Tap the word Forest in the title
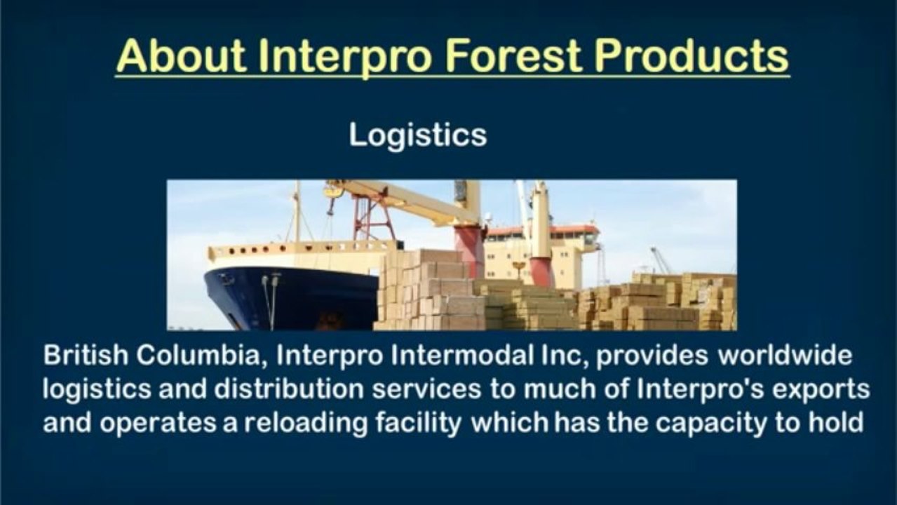point(512,56)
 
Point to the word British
point(86,355)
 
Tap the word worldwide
point(785,355)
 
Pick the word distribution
point(289,389)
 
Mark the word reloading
point(306,424)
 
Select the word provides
point(652,356)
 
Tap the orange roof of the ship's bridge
point(544,230)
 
